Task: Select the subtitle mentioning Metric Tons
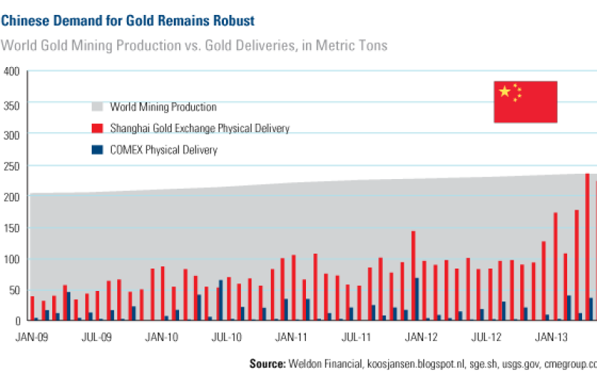coord(194,46)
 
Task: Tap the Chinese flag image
coord(525,101)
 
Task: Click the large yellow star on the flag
coord(505,92)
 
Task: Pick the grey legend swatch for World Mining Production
coord(98,107)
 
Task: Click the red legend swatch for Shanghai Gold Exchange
coord(98,129)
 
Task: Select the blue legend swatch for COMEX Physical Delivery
coord(98,150)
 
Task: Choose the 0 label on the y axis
coord(16,321)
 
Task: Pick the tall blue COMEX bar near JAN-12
coord(417,299)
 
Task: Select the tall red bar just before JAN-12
coord(413,276)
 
